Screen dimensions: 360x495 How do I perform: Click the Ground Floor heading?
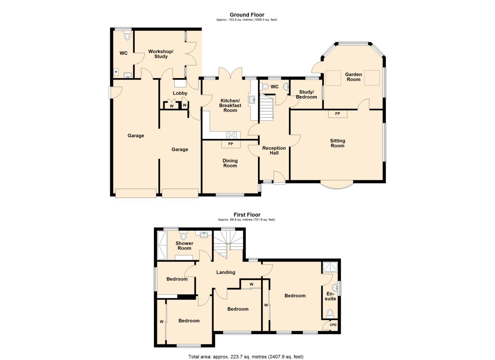pos(247,15)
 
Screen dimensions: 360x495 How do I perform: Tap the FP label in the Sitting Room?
pos(337,114)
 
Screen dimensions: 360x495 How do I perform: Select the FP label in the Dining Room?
pos(230,144)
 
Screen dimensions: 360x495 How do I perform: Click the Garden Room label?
pos(353,77)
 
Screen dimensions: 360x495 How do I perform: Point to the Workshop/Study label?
pos(161,54)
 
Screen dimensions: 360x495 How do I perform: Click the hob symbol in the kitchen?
pos(232,135)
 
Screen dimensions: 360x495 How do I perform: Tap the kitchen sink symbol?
pos(252,99)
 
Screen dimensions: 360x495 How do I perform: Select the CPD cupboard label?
pos(333,325)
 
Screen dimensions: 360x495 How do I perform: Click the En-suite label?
pos(330,296)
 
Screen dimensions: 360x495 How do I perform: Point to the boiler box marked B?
pos(116,72)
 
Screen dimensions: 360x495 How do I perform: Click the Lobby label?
pos(180,93)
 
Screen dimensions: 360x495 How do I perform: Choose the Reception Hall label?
pos(274,150)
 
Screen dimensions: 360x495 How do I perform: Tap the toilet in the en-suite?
pos(330,313)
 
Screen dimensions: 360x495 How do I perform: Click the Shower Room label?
pos(184,246)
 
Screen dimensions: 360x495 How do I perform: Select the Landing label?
pos(226,272)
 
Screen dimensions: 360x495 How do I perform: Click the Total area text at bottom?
pos(246,357)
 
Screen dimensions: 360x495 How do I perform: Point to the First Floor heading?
pos(247,215)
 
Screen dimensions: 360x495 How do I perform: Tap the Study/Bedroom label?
pos(306,94)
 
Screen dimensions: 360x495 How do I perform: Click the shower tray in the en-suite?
pos(330,267)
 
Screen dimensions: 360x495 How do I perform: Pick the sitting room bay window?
pos(337,185)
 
